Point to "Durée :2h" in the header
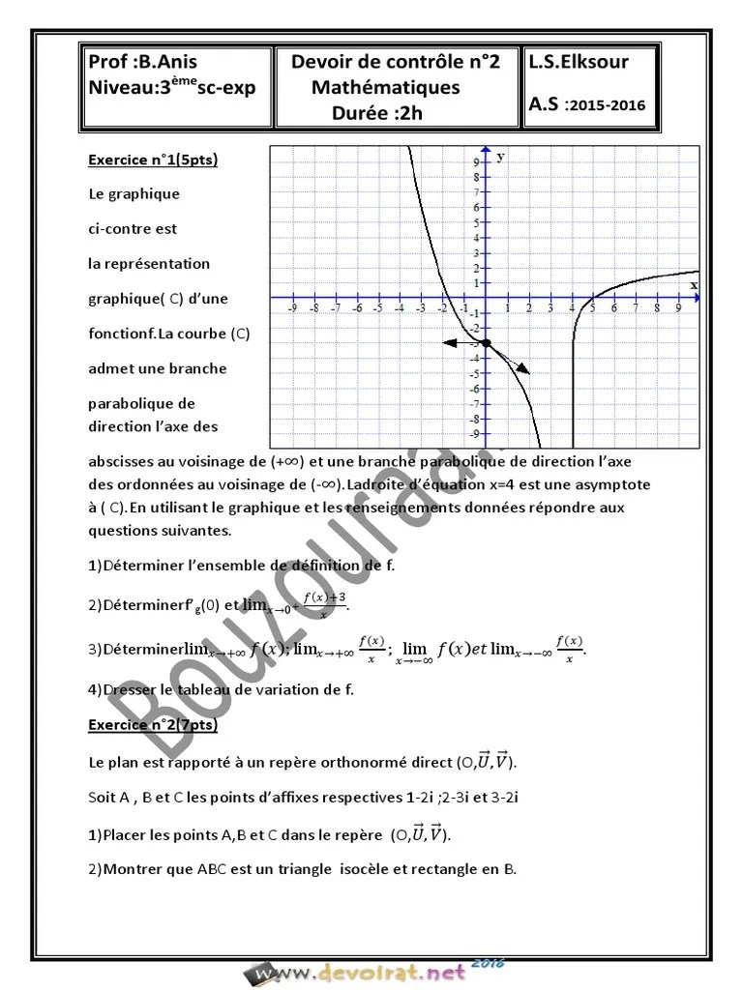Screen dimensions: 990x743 (x=376, y=112)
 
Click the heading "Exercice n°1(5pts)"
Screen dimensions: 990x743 (x=153, y=160)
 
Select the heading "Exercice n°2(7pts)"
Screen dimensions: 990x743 (x=153, y=724)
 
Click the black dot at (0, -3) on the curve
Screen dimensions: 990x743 (x=486, y=343)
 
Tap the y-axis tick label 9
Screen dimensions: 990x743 (x=476, y=162)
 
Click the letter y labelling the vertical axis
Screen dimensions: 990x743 (x=500, y=156)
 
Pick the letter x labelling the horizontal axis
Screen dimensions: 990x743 (x=694, y=285)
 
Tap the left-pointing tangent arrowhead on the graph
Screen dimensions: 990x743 (x=448, y=342)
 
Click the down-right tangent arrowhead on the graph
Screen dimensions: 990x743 (x=523, y=367)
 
